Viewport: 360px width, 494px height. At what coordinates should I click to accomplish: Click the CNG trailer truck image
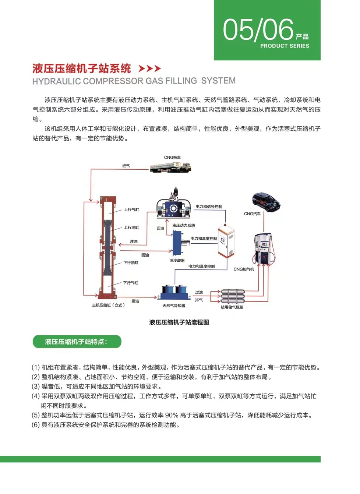170,168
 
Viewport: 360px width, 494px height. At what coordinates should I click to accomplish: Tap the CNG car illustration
266,202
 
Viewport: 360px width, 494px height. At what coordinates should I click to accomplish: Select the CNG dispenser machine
263,248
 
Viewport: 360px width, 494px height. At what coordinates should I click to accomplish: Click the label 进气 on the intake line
126,166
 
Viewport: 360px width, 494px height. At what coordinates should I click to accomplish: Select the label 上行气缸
131,209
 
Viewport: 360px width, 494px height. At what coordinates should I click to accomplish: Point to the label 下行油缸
131,263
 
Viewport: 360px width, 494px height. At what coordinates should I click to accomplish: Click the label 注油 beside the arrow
134,241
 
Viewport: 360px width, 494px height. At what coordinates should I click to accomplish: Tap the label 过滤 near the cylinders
199,292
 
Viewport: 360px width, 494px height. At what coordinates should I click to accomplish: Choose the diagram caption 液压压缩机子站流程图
179,322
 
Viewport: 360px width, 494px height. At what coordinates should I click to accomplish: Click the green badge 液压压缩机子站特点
77,342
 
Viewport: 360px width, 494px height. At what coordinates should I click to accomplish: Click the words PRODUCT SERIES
285,46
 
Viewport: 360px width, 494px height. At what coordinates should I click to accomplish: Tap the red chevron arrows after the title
149,68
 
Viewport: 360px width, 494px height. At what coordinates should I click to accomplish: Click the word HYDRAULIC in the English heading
56,81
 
